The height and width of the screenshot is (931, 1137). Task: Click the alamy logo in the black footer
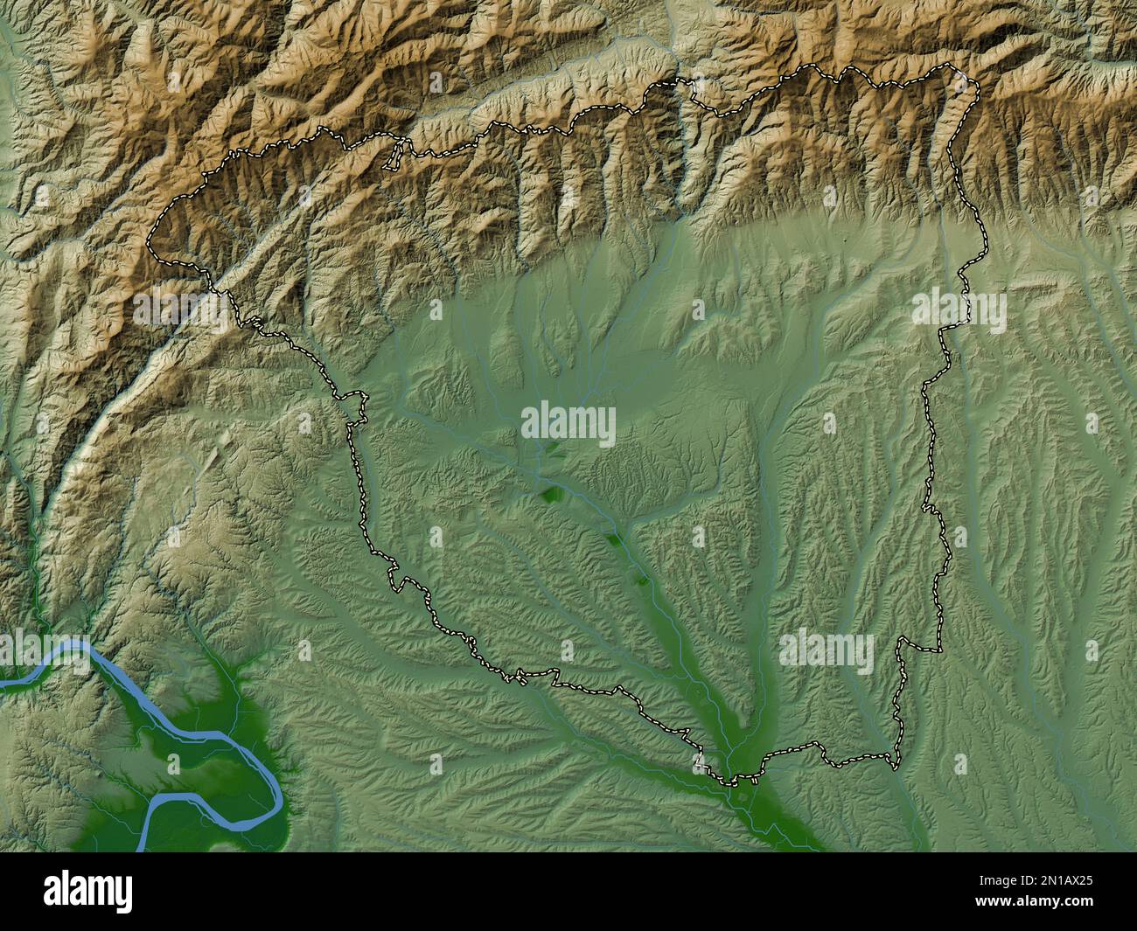tap(88, 892)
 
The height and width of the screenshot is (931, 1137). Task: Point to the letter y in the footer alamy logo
tap(126, 894)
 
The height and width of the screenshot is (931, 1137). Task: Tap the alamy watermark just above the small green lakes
tap(568, 426)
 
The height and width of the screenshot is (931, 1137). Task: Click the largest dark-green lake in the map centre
tap(553, 494)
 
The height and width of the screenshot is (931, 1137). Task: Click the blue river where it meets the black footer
tap(142, 848)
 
